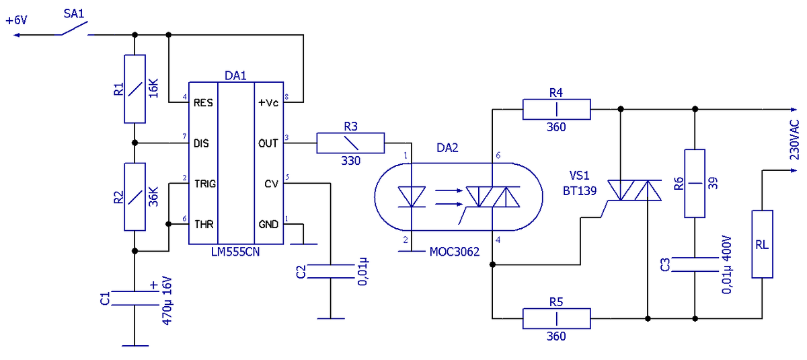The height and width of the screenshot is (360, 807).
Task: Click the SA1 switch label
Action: [74, 13]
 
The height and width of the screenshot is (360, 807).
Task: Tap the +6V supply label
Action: [16, 20]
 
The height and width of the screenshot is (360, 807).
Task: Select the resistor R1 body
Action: [134, 89]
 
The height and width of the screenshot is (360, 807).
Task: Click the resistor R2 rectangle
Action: [134, 196]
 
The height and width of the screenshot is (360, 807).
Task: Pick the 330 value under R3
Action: [350, 161]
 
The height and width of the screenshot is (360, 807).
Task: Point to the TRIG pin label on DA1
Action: [205, 184]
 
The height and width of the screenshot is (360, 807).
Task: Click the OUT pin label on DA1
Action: [268, 143]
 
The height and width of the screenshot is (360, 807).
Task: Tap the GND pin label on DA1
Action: [268, 225]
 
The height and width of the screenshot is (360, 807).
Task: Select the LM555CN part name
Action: [235, 252]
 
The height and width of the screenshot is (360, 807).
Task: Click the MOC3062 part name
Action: [455, 252]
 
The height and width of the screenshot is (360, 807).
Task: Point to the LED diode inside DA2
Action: [412, 196]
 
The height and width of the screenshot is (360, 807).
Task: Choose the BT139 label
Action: [580, 191]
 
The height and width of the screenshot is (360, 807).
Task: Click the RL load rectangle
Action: [762, 244]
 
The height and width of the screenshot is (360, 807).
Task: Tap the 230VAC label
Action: [794, 140]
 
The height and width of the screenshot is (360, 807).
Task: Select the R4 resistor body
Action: [557, 109]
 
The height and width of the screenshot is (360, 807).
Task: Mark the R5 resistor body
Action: [557, 318]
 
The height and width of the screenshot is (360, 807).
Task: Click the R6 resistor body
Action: [695, 184]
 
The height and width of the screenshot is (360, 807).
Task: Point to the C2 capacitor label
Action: [301, 272]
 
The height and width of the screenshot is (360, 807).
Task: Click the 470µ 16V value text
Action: [167, 301]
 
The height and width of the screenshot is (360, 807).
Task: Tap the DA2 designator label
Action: [447, 148]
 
